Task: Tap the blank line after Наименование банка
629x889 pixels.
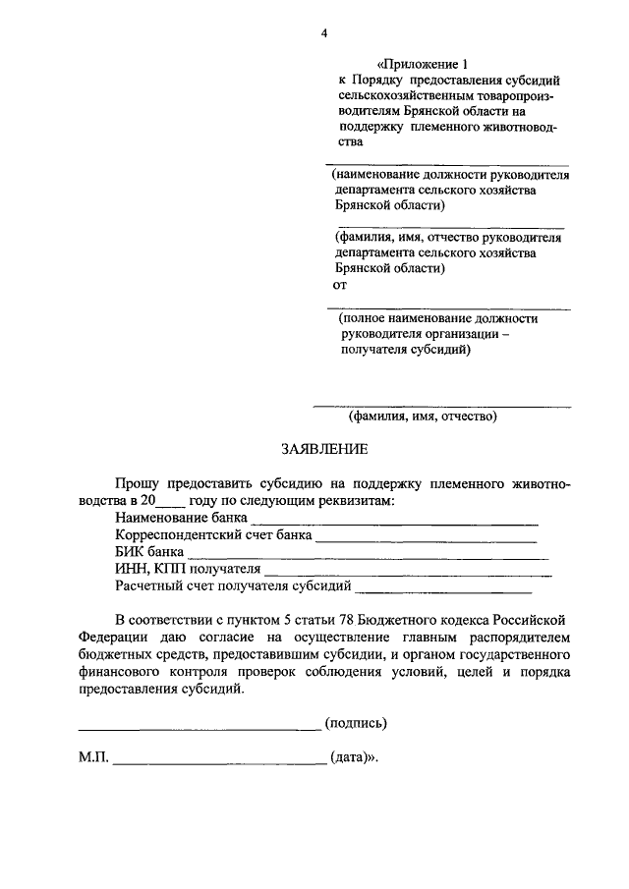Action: (394, 519)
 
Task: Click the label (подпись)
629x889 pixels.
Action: (356, 724)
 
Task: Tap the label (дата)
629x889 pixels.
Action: (353, 759)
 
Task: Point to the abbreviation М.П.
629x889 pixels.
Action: (94, 759)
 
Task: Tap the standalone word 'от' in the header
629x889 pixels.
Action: (340, 286)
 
